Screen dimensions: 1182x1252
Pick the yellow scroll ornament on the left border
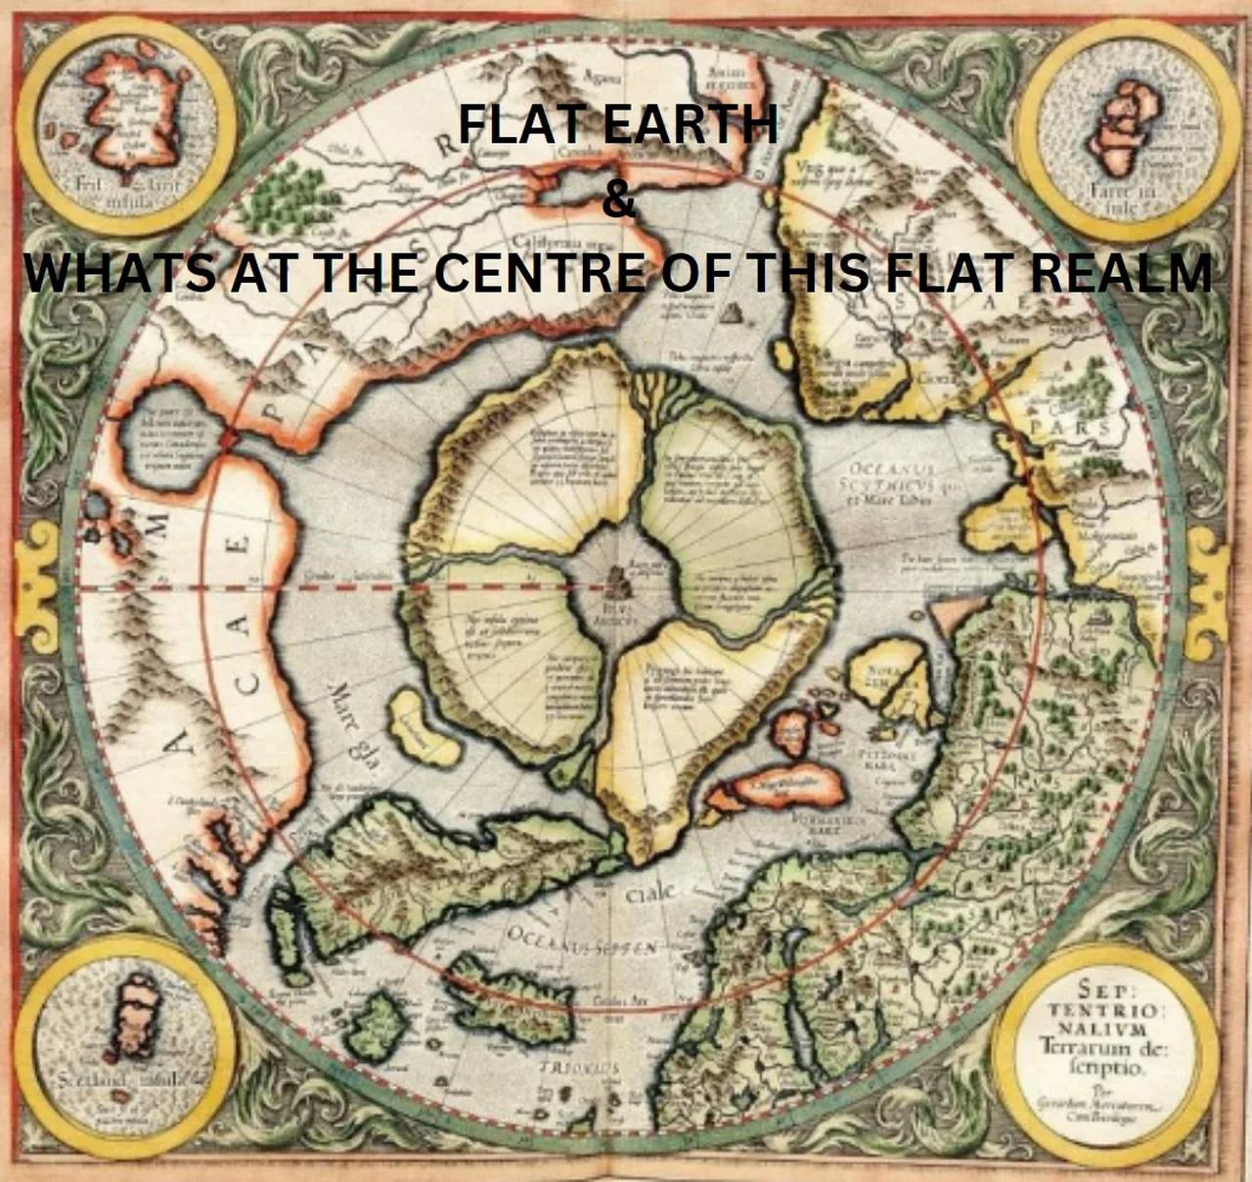pos(39,577)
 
